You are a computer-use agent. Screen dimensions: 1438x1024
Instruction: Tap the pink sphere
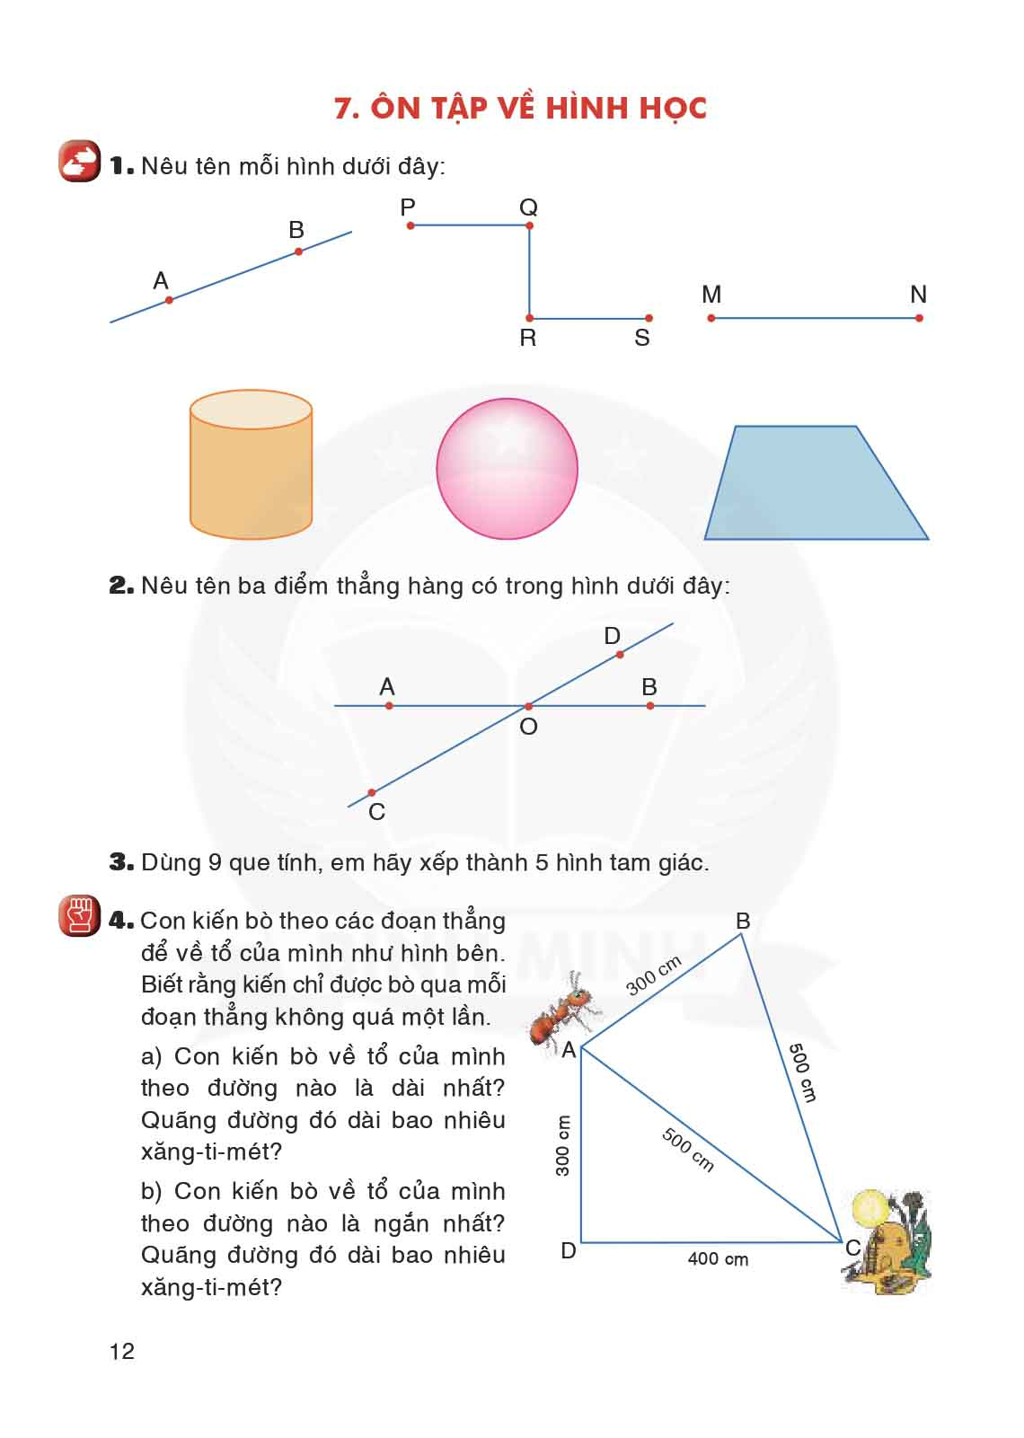(507, 469)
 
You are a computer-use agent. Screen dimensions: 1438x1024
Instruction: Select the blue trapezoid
(814, 485)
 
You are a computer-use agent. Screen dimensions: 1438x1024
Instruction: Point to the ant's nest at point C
(886, 1243)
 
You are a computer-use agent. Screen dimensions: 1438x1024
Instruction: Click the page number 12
(122, 1351)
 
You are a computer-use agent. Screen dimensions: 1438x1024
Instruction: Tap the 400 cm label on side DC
(718, 1259)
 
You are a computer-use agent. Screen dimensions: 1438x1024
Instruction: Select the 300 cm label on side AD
(563, 1146)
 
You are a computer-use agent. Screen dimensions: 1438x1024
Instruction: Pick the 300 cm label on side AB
(654, 975)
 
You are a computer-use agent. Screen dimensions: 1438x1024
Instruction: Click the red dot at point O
(528, 707)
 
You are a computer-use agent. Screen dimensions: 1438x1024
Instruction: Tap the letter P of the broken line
(408, 207)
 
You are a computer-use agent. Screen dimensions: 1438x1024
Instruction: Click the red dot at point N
(919, 318)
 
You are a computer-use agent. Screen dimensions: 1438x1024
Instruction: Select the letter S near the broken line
(641, 338)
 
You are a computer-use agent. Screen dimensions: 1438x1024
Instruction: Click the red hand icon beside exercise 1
(80, 162)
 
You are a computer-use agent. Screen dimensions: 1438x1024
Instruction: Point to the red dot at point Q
(529, 225)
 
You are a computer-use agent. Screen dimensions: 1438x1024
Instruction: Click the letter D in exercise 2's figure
(613, 636)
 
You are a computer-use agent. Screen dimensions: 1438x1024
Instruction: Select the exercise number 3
(120, 862)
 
